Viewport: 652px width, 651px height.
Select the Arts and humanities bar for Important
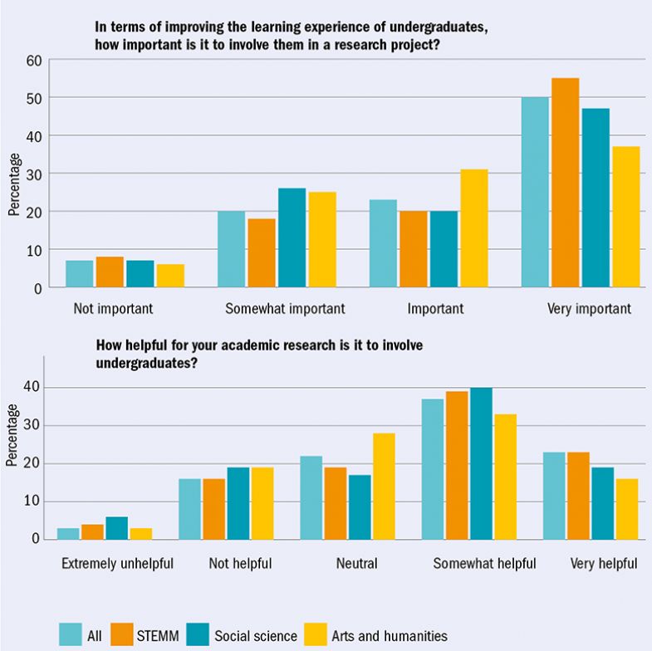(x=473, y=228)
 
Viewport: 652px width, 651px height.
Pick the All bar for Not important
(x=79, y=274)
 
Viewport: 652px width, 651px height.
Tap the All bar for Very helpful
(x=554, y=495)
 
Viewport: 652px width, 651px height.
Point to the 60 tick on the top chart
(x=33, y=60)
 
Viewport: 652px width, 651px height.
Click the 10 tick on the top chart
(x=33, y=250)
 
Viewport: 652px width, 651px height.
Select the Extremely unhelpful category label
(x=117, y=564)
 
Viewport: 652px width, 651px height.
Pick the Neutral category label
(x=356, y=564)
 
